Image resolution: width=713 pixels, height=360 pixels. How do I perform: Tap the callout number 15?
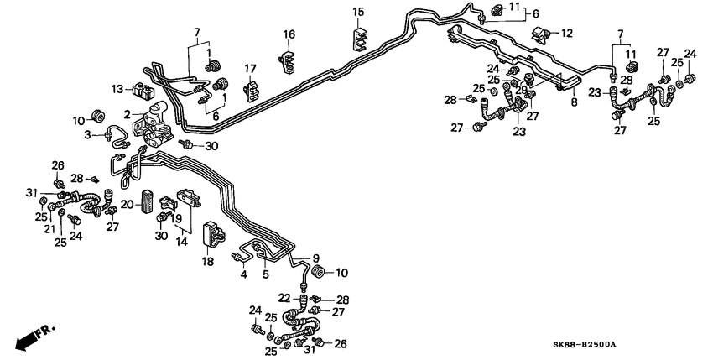358,12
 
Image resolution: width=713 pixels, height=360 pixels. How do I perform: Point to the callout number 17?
250,68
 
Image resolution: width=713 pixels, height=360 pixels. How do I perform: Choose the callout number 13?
117,88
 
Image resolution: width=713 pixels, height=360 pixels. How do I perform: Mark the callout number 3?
87,135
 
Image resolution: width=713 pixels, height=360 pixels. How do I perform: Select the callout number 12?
567,33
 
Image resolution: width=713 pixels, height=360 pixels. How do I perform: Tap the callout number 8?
574,102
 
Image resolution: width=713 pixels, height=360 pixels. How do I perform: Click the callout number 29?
521,90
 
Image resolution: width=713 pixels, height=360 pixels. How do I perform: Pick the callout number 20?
126,204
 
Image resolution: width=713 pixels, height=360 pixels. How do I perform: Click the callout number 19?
179,217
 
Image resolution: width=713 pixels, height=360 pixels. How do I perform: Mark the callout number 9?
316,258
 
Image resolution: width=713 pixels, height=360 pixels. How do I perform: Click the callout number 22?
284,297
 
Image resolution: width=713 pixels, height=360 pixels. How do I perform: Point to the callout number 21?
49,228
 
